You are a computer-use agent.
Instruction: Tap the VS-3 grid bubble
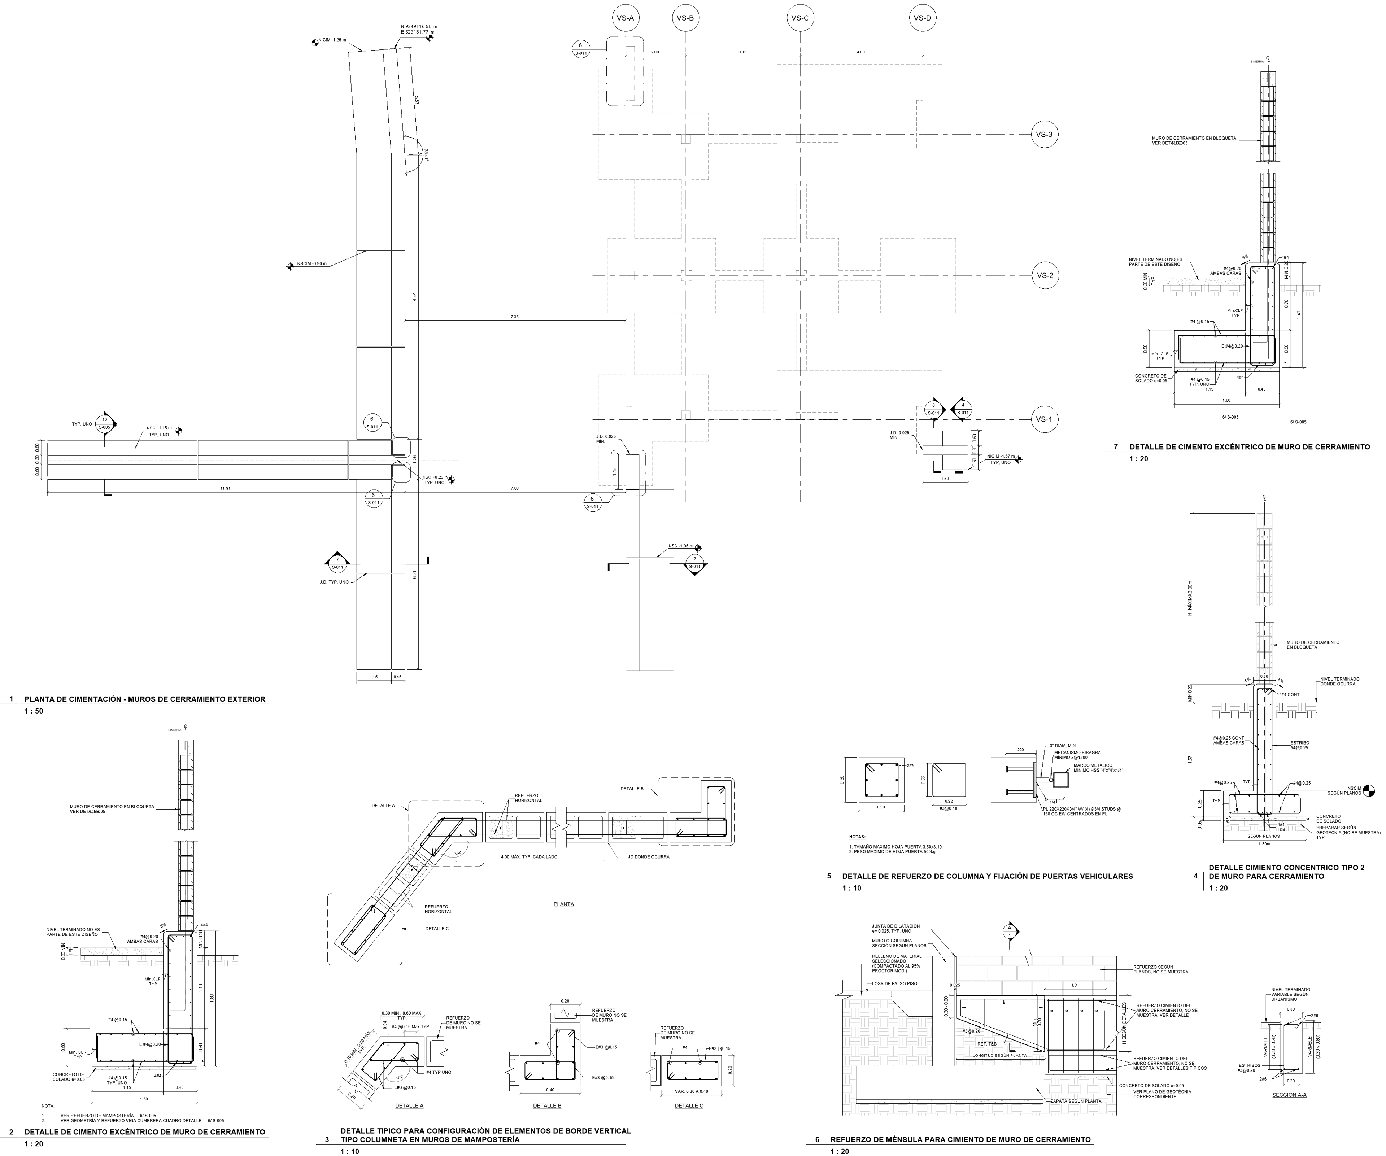[1044, 135]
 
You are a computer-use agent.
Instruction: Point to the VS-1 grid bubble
[1044, 420]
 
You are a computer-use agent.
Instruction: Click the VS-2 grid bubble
[1044, 276]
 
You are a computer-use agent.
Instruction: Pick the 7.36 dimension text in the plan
[515, 317]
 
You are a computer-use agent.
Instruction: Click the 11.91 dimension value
[225, 488]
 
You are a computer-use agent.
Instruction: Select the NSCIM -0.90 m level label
[311, 264]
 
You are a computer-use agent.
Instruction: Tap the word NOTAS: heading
[858, 837]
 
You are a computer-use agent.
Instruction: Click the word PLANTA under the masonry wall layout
[564, 904]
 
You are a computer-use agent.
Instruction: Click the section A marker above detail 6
[1008, 931]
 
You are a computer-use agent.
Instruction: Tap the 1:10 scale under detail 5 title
[851, 888]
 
